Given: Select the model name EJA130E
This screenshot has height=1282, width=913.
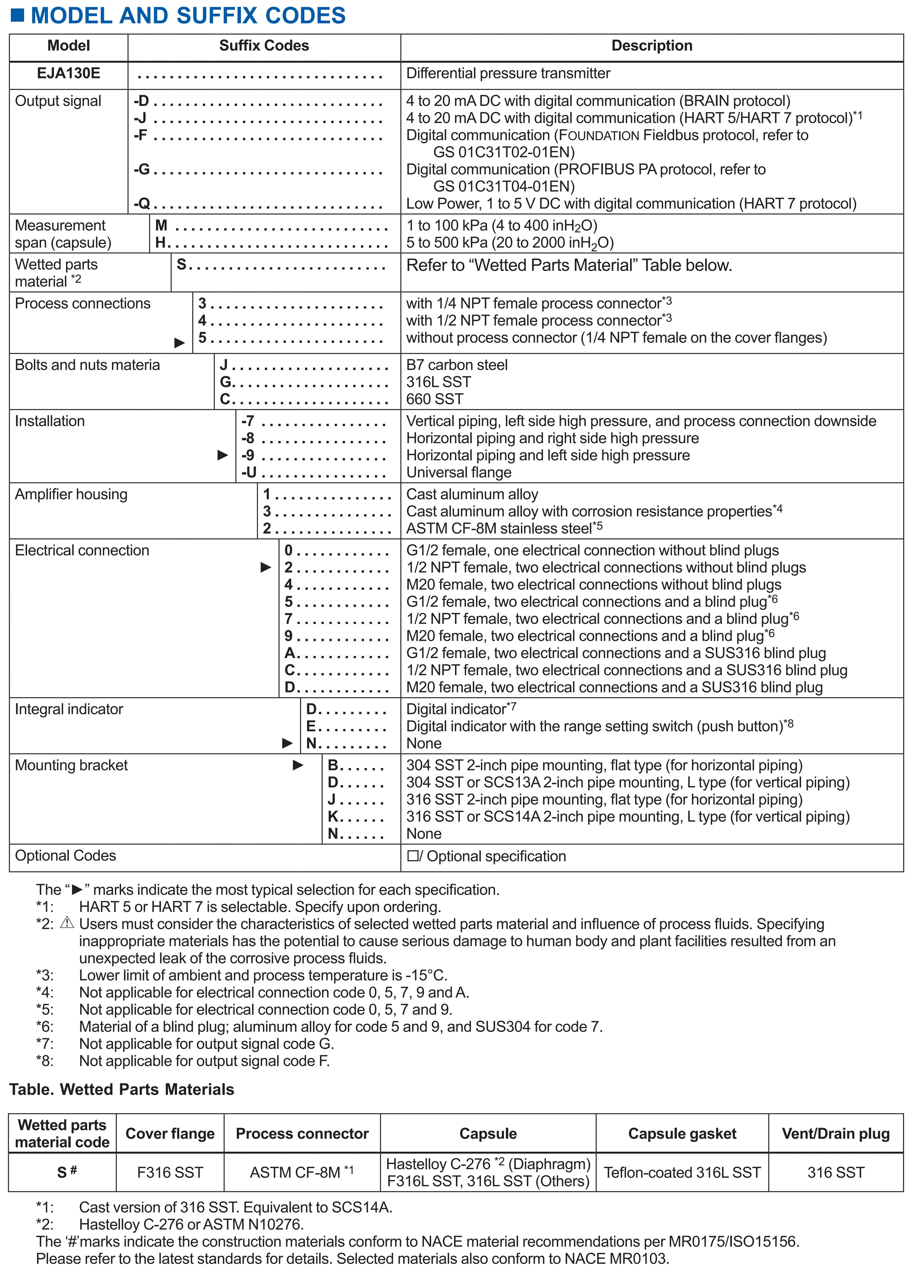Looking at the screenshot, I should pos(68,73).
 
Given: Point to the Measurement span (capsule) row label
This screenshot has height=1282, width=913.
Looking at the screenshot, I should pos(63,234).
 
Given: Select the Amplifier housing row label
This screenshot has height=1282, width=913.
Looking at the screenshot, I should pos(71,494).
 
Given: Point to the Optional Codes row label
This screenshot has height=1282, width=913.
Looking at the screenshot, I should pos(65,855).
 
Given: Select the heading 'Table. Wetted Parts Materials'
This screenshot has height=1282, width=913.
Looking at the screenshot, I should pos(121,1089).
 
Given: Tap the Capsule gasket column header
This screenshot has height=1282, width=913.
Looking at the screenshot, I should pos(682,1134).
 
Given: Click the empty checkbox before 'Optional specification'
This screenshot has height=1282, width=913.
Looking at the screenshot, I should pos(413,856).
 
